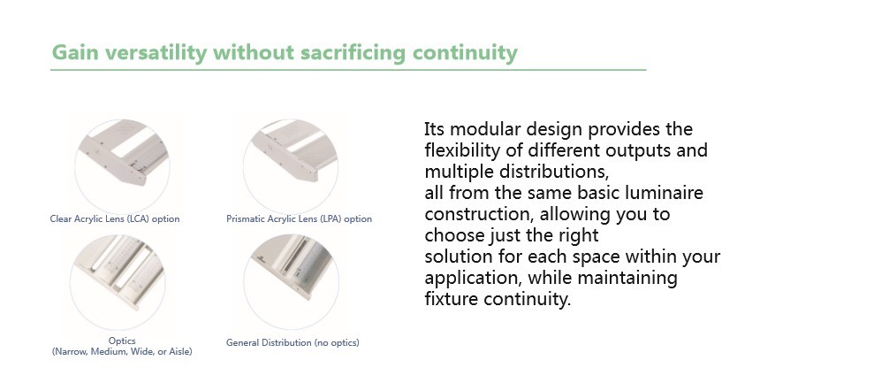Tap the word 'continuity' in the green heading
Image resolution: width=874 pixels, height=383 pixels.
point(465,52)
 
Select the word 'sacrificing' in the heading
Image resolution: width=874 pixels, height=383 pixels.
point(353,52)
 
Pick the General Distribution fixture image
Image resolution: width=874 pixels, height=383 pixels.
point(291,282)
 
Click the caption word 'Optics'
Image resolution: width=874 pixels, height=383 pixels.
point(122,341)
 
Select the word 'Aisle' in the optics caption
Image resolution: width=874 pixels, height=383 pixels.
point(179,352)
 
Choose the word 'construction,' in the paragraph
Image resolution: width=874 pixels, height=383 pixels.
point(479,214)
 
